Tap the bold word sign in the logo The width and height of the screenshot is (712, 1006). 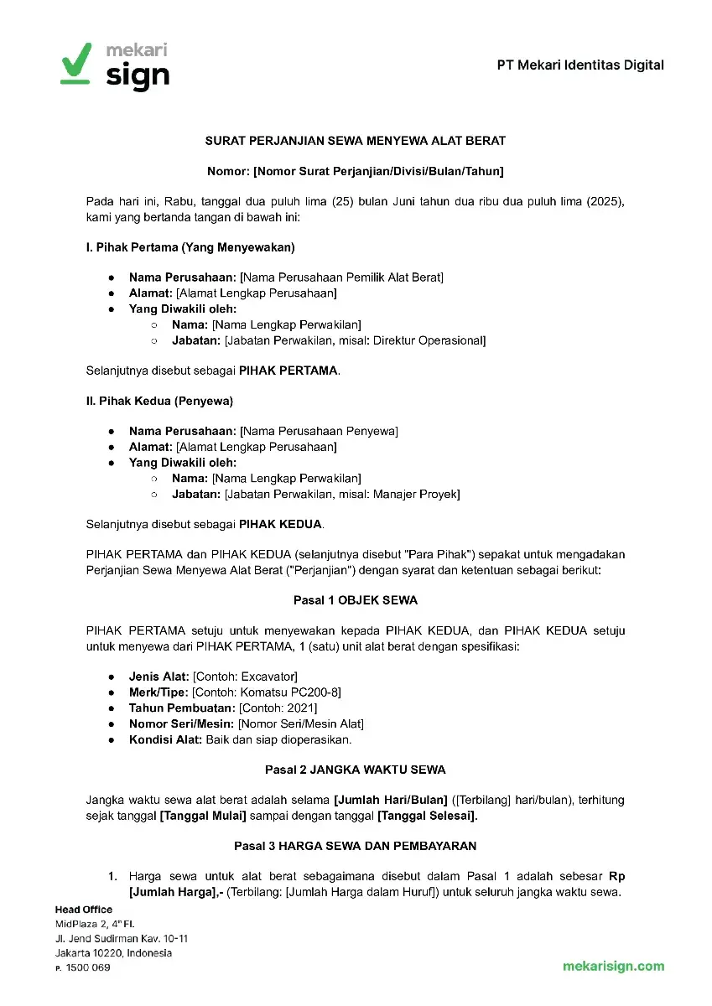138,76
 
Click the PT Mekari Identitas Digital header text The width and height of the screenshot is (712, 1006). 579,65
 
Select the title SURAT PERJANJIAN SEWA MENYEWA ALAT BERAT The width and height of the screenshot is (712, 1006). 356,141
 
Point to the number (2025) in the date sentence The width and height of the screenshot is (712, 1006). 606,202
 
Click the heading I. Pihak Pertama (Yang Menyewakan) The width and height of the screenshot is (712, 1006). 190,247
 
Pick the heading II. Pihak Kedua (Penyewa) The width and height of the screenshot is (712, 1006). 159,401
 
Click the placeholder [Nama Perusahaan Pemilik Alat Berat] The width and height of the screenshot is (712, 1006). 341,277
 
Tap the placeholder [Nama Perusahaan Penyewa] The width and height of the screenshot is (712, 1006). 319,431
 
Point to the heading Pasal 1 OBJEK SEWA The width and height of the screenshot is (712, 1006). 356,600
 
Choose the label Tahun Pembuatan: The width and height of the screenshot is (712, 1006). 170,708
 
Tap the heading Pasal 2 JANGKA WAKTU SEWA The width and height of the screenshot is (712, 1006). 356,769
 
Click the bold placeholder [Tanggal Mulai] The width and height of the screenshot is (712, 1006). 202,816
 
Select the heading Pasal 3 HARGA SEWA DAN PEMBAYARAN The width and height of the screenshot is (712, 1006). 356,845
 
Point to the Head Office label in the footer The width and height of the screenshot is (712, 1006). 83,910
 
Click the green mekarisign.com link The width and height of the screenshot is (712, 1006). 613,966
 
